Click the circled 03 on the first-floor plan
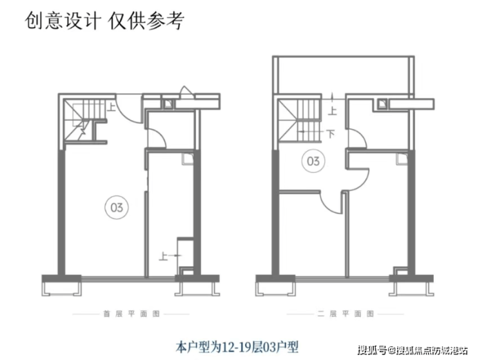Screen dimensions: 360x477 [x=117, y=207]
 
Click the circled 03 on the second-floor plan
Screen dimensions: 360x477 [x=313, y=161]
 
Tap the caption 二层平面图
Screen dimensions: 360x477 [x=337, y=314]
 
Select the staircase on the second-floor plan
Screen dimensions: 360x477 [x=298, y=122]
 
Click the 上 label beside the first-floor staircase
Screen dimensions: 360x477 [x=112, y=108]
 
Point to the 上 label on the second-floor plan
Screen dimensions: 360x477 [x=333, y=110]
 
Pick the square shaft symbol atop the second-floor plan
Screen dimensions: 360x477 [x=383, y=101]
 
